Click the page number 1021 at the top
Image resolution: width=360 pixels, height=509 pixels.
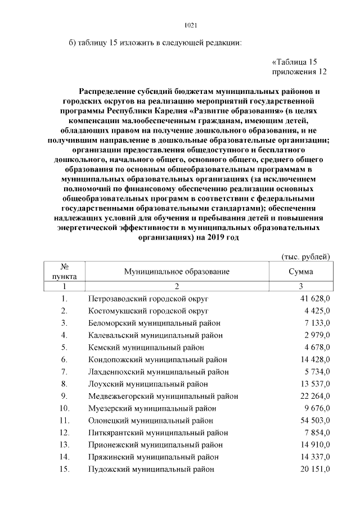191,25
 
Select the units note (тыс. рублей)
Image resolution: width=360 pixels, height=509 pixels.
305,256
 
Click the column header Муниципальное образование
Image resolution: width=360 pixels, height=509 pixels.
177,272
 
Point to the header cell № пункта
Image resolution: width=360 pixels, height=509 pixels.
65,272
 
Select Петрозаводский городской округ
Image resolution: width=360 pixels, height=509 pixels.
148,298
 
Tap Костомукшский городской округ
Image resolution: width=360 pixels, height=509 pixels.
148,310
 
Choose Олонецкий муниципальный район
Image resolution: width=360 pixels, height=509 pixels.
151,420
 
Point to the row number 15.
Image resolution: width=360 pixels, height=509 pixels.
65,469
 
